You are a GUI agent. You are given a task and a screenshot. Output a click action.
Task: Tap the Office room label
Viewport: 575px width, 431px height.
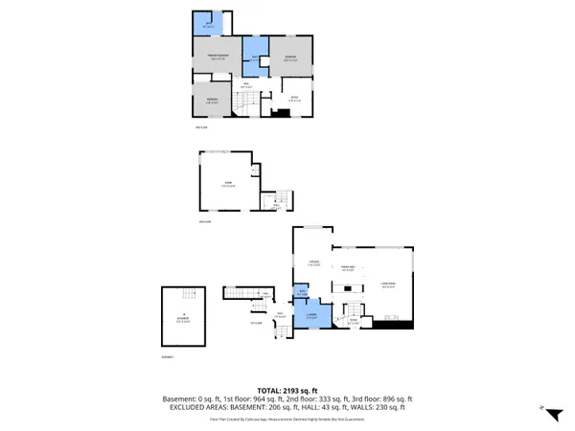[x=294, y=96]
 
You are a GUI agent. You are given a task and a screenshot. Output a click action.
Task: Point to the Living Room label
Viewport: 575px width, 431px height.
[x=388, y=284]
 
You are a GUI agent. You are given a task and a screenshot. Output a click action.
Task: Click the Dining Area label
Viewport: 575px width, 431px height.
[x=348, y=268]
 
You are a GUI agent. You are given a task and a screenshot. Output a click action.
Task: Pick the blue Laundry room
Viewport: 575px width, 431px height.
[x=312, y=315]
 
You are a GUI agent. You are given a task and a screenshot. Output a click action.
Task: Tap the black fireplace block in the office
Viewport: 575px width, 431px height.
[x=280, y=112]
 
